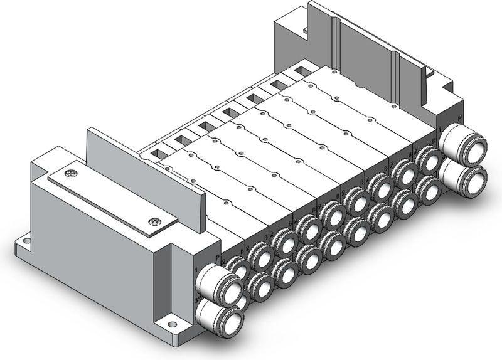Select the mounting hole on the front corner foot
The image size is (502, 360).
(x=169, y=325)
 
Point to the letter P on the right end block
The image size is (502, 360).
(x=459, y=117)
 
